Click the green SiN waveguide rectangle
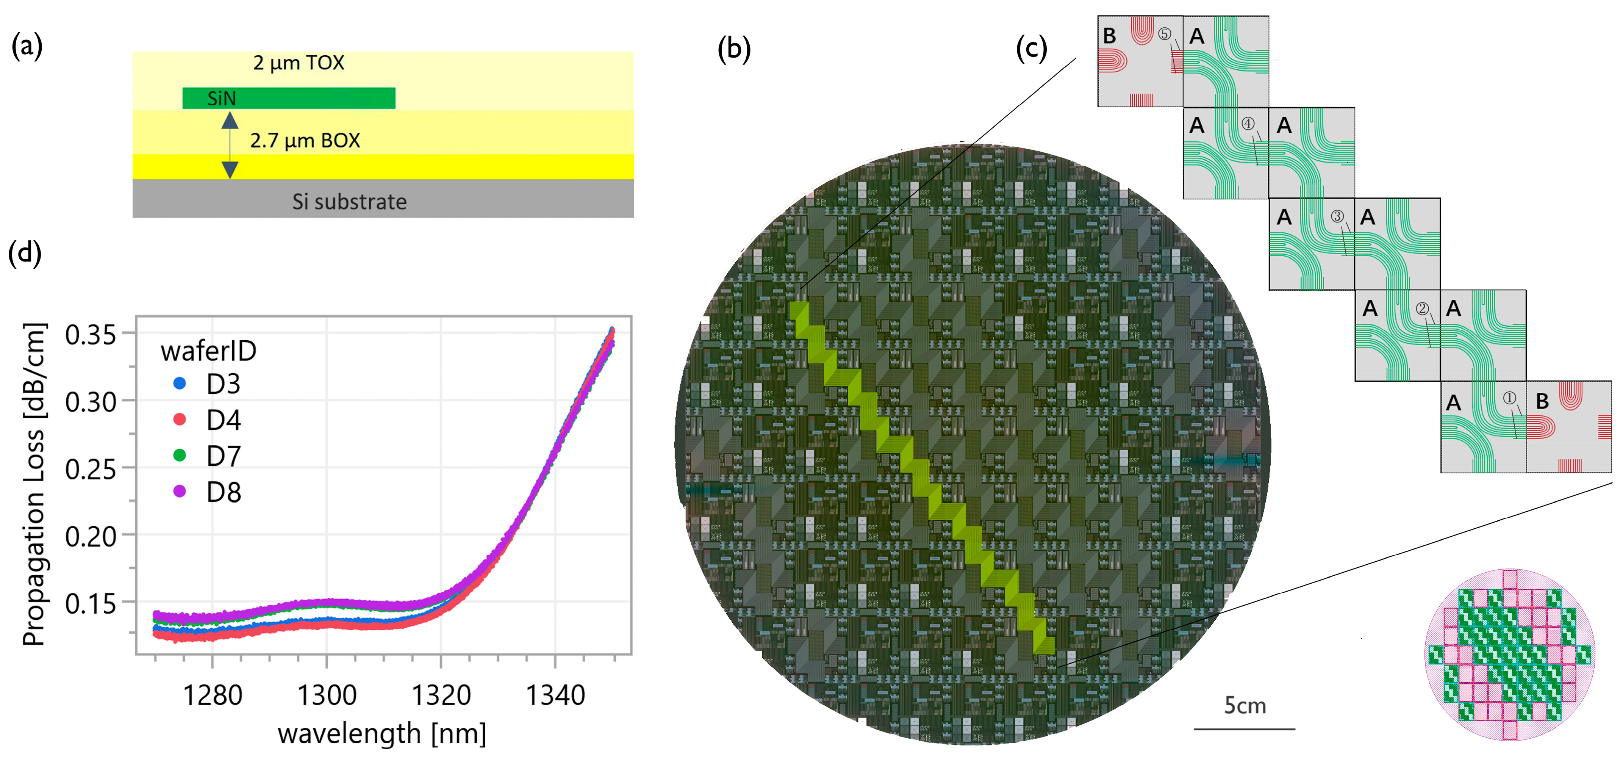[289, 98]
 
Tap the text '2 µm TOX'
[299, 63]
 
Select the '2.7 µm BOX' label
[305, 141]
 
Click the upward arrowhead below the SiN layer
[230, 120]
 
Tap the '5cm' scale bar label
[1245, 705]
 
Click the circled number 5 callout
[1164, 34]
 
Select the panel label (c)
[1031, 48]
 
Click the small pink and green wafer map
[1510, 654]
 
